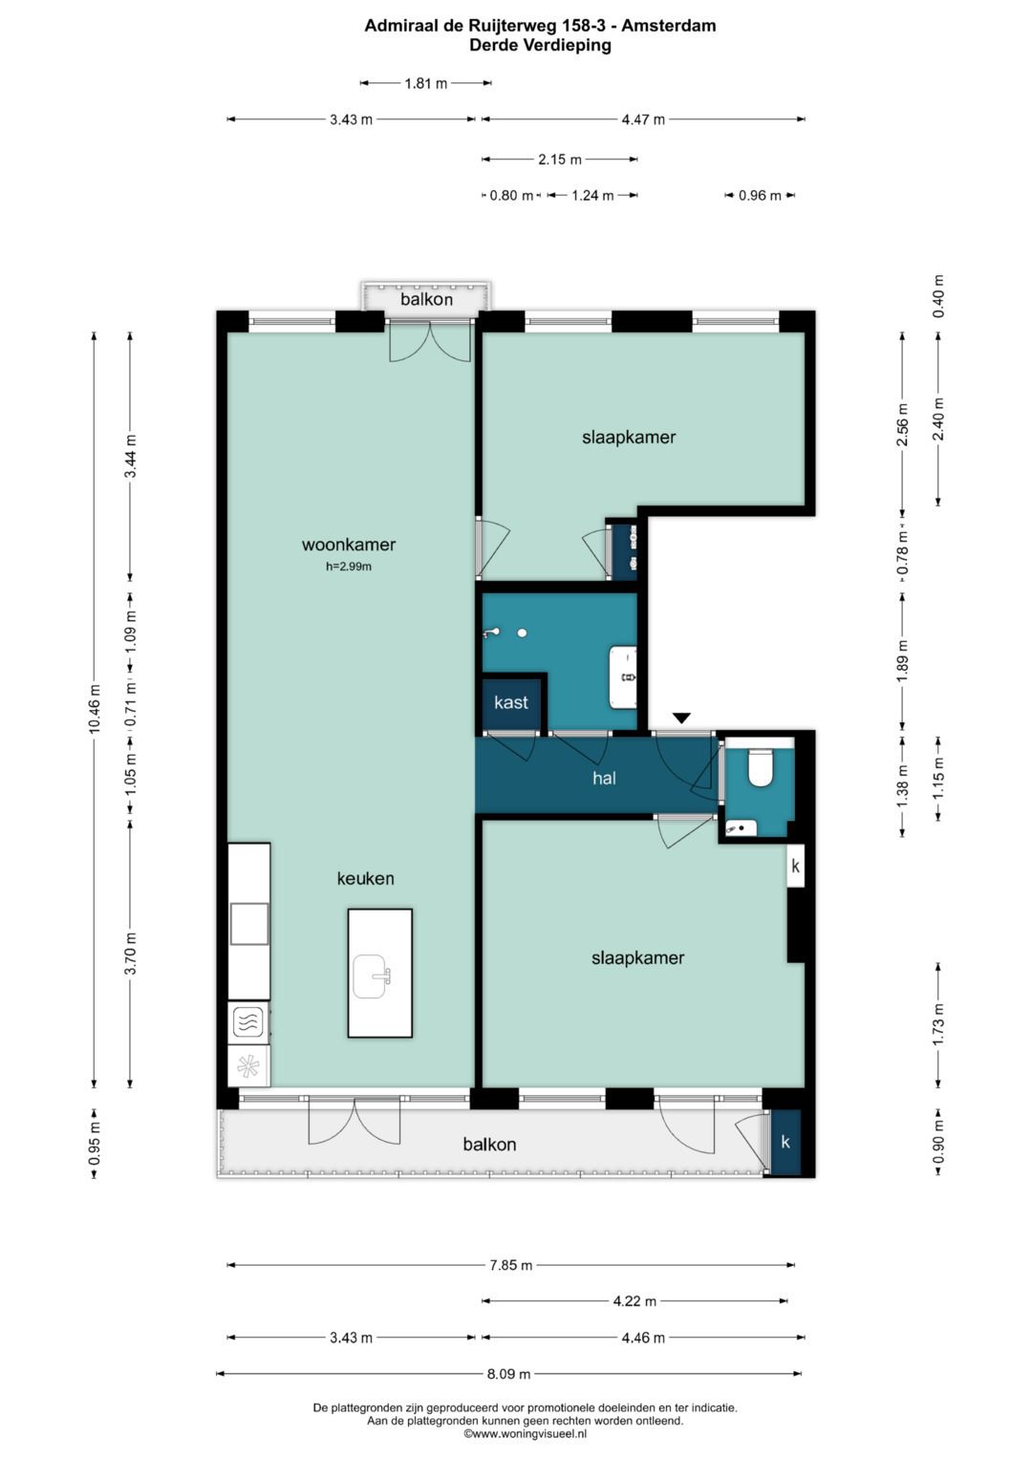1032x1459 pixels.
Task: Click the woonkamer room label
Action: click(x=349, y=545)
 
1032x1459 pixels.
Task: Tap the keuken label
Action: click(x=365, y=878)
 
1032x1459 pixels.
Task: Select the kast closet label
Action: click(x=511, y=702)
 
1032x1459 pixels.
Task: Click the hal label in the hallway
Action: click(x=604, y=778)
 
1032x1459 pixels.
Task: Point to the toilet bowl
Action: click(x=759, y=768)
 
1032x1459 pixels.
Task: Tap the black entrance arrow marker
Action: click(x=681, y=718)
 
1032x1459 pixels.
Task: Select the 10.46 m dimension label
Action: click(x=96, y=708)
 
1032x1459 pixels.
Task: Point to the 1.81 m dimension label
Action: click(x=426, y=83)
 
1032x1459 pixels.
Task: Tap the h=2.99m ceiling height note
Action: click(x=349, y=567)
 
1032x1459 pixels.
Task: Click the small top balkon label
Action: click(x=427, y=299)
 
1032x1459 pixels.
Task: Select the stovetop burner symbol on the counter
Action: click(x=249, y=1019)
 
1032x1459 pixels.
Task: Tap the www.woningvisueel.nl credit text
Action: click(x=526, y=1433)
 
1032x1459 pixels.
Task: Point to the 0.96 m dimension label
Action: click(x=760, y=196)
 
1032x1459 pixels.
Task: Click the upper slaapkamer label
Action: click(x=629, y=437)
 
